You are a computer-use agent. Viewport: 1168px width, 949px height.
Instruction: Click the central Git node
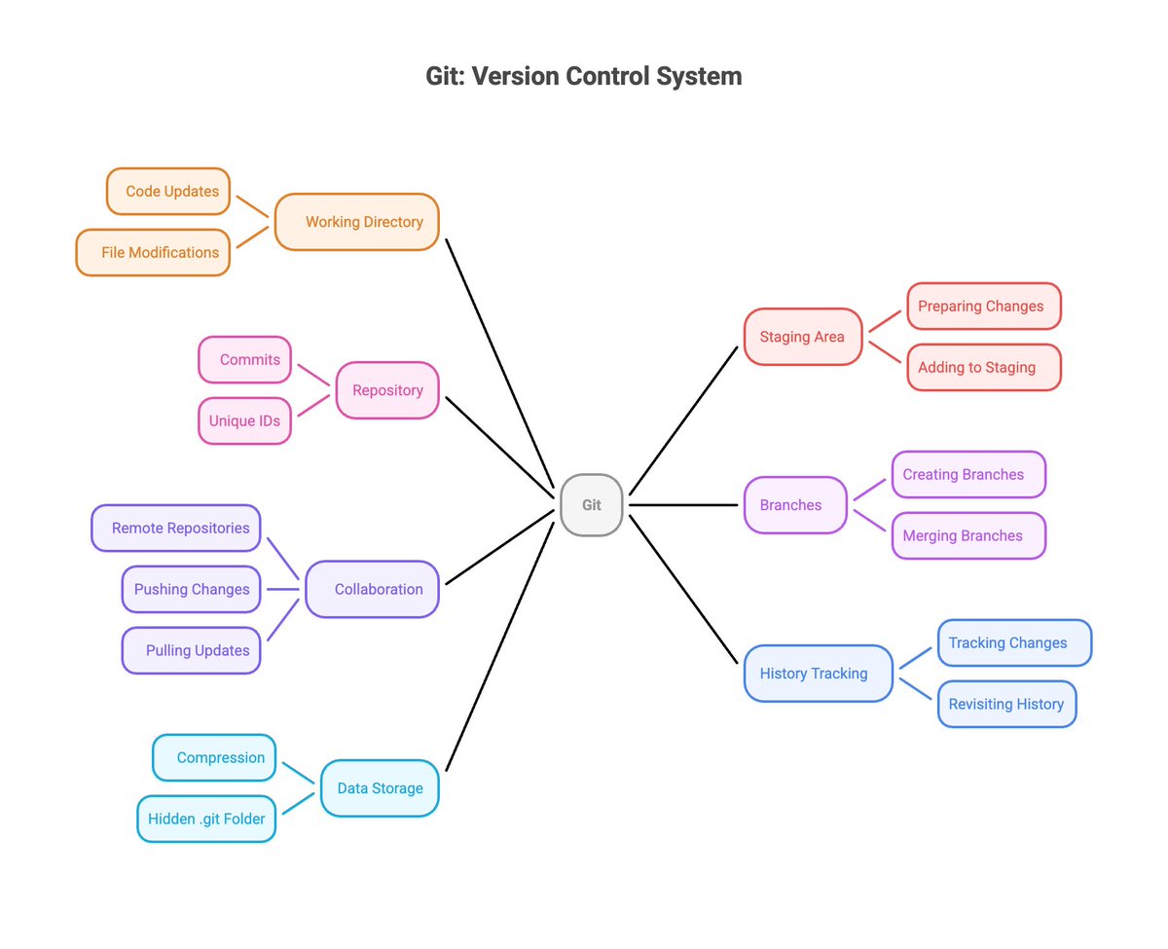point(592,505)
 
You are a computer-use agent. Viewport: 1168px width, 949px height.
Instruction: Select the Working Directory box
point(357,222)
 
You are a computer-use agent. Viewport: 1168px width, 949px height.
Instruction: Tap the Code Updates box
point(168,192)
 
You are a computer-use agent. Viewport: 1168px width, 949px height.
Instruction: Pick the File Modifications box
point(154,252)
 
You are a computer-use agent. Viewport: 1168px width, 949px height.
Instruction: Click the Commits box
point(245,359)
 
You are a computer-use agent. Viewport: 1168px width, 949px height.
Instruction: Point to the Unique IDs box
point(245,420)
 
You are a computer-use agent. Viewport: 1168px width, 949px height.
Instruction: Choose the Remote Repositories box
point(176,528)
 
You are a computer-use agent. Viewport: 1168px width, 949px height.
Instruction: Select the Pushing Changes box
point(191,589)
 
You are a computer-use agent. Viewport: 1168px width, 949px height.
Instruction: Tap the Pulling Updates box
point(191,650)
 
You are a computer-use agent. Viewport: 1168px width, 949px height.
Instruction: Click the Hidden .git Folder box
point(206,819)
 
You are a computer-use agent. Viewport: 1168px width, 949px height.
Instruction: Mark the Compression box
point(214,757)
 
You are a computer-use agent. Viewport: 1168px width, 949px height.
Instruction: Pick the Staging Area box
point(803,337)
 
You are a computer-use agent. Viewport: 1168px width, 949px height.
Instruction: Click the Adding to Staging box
point(983,367)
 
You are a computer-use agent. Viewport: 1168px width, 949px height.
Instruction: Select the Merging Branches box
point(968,535)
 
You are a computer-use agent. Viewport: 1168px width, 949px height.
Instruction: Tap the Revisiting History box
point(1006,704)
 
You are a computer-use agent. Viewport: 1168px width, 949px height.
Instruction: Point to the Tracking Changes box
point(1014,642)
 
